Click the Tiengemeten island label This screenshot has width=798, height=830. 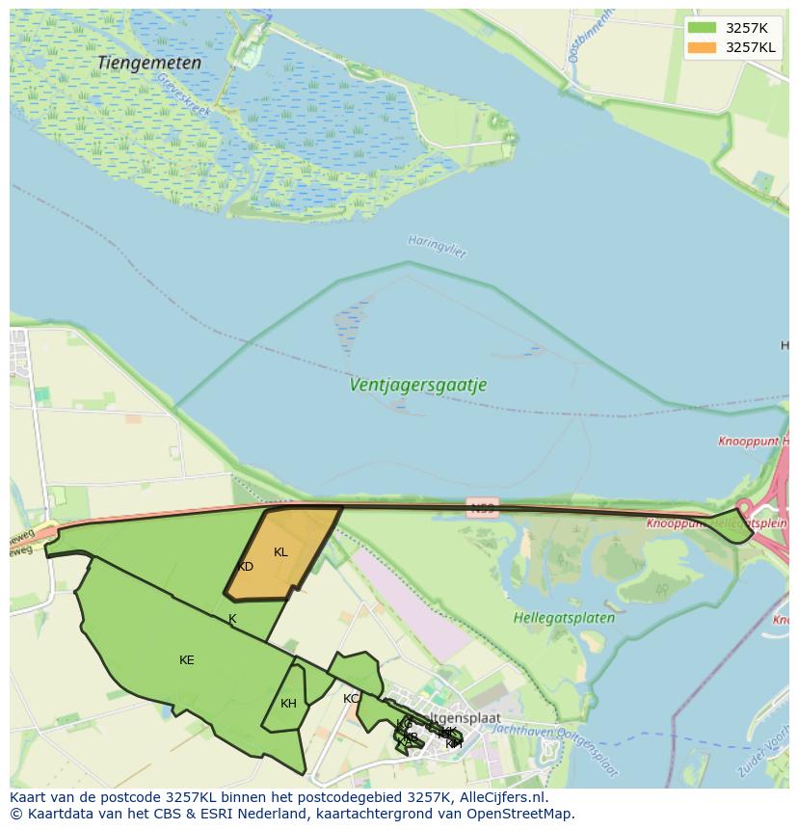(x=149, y=63)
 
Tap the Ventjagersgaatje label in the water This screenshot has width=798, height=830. (x=417, y=385)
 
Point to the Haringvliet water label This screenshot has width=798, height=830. (x=437, y=246)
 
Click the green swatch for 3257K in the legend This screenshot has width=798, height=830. (x=702, y=28)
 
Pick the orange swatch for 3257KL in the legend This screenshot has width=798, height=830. (x=702, y=47)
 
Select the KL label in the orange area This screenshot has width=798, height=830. (x=280, y=552)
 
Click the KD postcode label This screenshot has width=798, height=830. (x=245, y=567)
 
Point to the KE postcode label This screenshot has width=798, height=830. (x=186, y=660)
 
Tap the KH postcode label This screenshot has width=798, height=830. (x=288, y=704)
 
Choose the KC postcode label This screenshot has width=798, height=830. (x=351, y=699)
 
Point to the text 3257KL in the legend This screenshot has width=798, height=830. (x=750, y=47)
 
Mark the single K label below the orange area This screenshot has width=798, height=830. (x=231, y=619)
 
